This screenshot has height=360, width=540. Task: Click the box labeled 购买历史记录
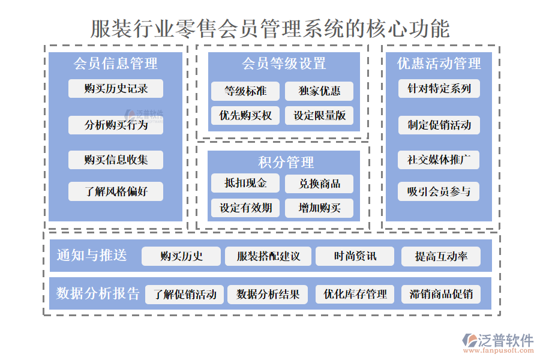click(x=116, y=89)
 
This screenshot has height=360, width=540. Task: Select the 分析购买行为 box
click(x=116, y=125)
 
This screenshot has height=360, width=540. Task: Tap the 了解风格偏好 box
click(x=116, y=192)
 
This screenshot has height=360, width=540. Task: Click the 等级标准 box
click(x=245, y=91)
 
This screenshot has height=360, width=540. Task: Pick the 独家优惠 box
click(x=319, y=91)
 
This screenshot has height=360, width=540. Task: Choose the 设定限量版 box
click(x=319, y=115)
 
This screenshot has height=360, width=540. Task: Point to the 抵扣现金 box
click(x=245, y=184)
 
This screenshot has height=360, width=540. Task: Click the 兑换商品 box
click(x=319, y=184)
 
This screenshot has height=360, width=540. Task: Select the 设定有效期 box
click(x=245, y=208)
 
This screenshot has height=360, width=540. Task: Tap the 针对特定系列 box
click(x=439, y=89)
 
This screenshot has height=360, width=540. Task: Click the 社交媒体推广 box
click(x=439, y=160)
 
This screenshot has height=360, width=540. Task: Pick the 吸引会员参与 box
click(x=439, y=192)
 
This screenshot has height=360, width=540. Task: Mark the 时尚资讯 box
click(x=355, y=256)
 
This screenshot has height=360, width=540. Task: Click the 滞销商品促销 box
click(x=441, y=294)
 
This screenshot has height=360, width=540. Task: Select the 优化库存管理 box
click(x=355, y=294)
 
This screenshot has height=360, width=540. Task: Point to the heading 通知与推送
click(x=92, y=255)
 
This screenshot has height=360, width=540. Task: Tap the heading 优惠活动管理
click(x=439, y=64)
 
